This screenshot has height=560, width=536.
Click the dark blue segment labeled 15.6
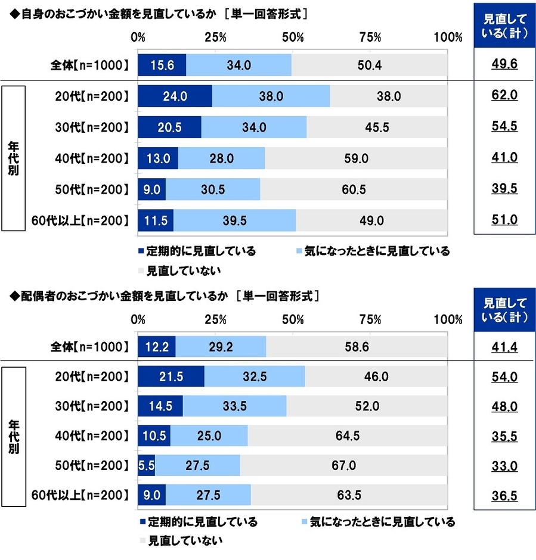(162, 64)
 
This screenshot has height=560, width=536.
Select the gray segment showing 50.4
(369, 64)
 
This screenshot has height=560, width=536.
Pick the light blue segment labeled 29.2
(221, 346)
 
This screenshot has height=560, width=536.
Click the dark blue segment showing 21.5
(171, 377)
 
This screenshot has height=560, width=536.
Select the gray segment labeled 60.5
(354, 189)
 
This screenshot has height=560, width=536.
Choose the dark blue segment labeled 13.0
(157, 158)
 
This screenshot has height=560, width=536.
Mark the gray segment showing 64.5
(347, 436)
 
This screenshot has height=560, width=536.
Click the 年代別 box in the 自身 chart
(13, 158)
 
